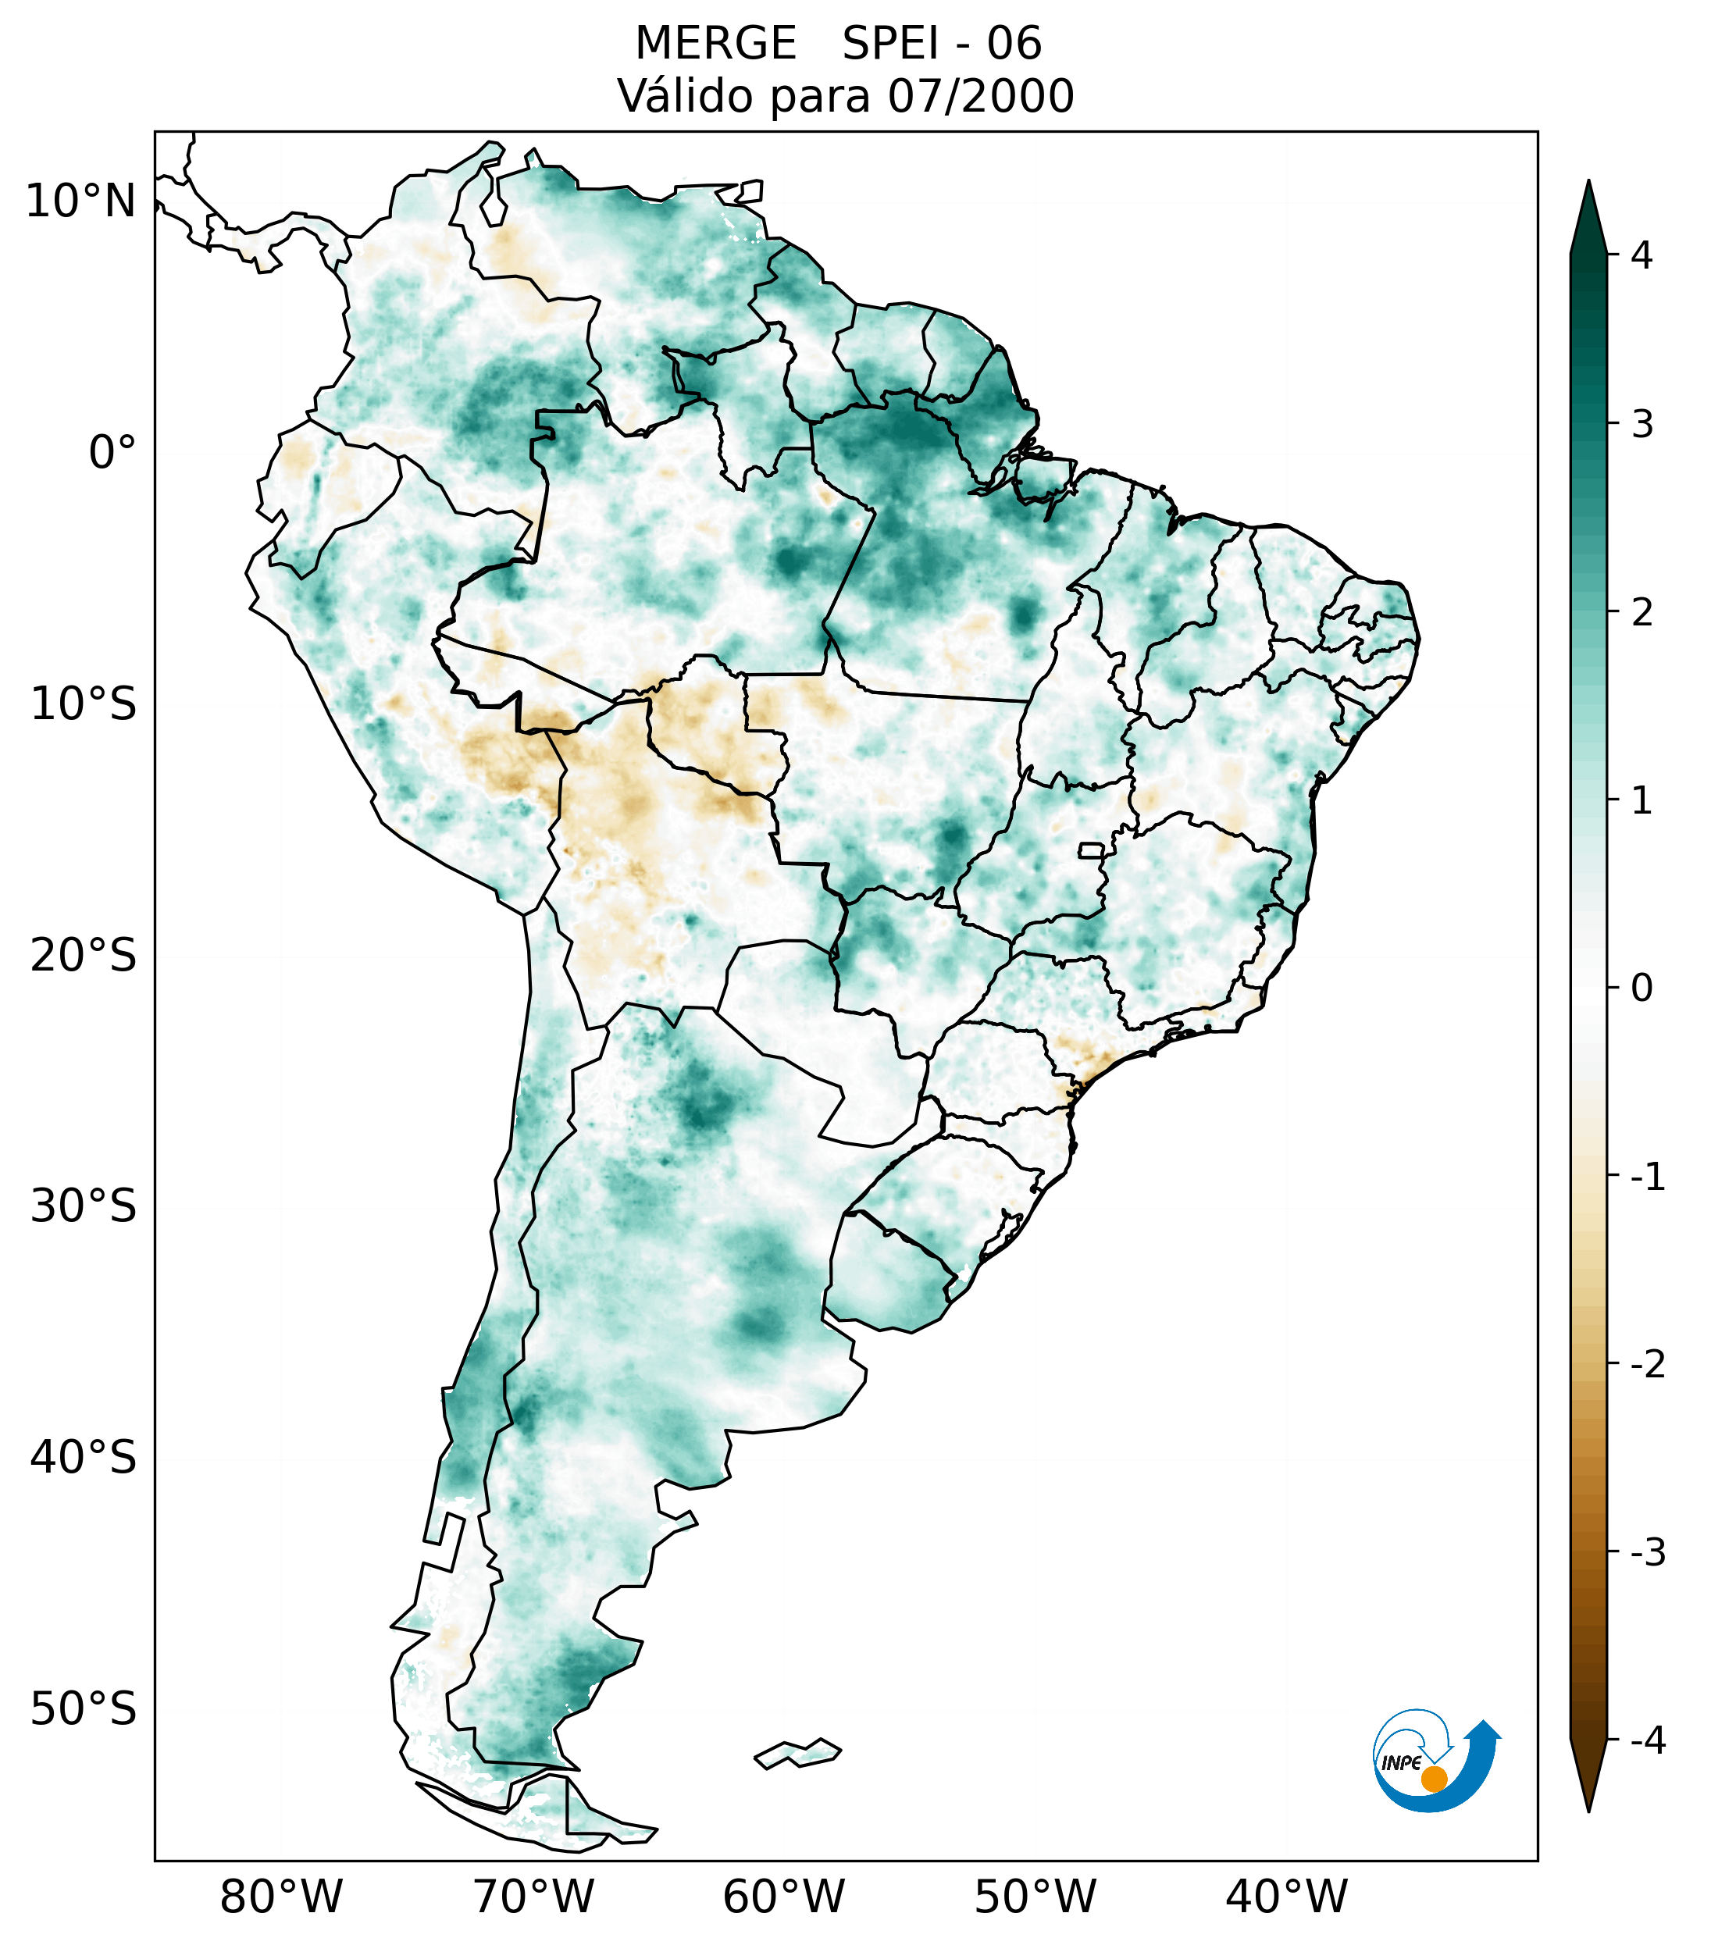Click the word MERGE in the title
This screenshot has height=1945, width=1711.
(x=715, y=44)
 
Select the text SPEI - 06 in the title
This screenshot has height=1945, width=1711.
(x=942, y=44)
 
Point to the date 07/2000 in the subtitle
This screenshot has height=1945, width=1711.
(x=980, y=96)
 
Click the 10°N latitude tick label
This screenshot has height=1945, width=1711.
(x=81, y=201)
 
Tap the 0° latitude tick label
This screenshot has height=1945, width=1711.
(x=112, y=453)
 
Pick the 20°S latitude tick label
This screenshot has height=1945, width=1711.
(x=84, y=956)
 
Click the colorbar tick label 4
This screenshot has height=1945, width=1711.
(x=1641, y=255)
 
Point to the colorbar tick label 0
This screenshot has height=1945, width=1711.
(x=1641, y=989)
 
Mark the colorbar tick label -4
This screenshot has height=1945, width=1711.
(x=1647, y=1741)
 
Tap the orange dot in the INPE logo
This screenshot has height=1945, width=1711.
(x=1433, y=1779)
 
